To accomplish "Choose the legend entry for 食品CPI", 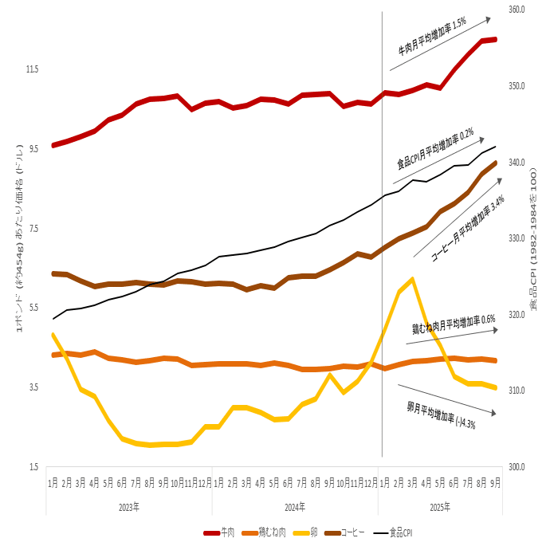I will point(400,532).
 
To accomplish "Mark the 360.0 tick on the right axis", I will point(517,10).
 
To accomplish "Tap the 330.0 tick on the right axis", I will point(517,238).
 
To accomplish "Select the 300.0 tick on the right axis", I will point(517,467).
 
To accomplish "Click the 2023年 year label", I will point(129,507).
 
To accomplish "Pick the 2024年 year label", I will point(295,507).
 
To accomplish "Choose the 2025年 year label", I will point(439,507).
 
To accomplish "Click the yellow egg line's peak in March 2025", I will point(412,279).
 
